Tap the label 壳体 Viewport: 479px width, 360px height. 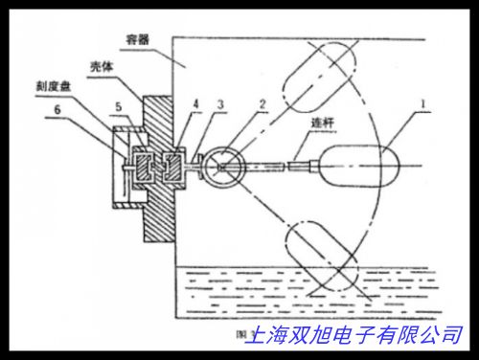pyautogui.click(x=103, y=70)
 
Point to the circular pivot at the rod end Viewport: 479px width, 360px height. pyautogui.click(x=223, y=167)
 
